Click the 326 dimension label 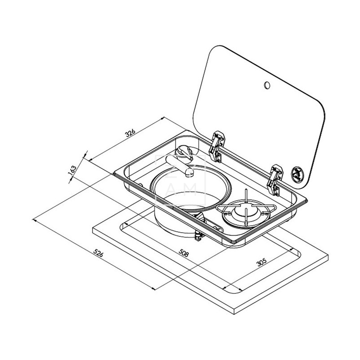(x=130, y=133)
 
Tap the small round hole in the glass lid (x=267, y=85)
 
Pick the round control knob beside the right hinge (x=297, y=172)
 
